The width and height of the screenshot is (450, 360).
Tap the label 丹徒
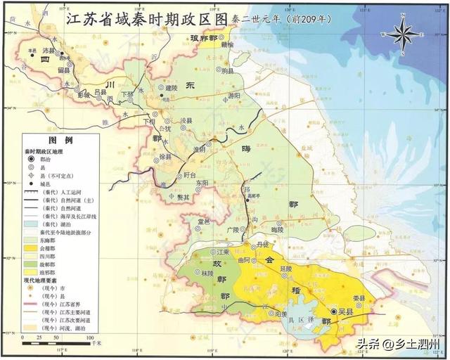click(x=263, y=244)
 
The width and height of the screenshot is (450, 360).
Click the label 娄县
click(x=359, y=298)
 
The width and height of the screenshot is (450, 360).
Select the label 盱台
click(x=188, y=176)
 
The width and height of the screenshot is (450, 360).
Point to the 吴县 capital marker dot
click(x=333, y=311)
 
